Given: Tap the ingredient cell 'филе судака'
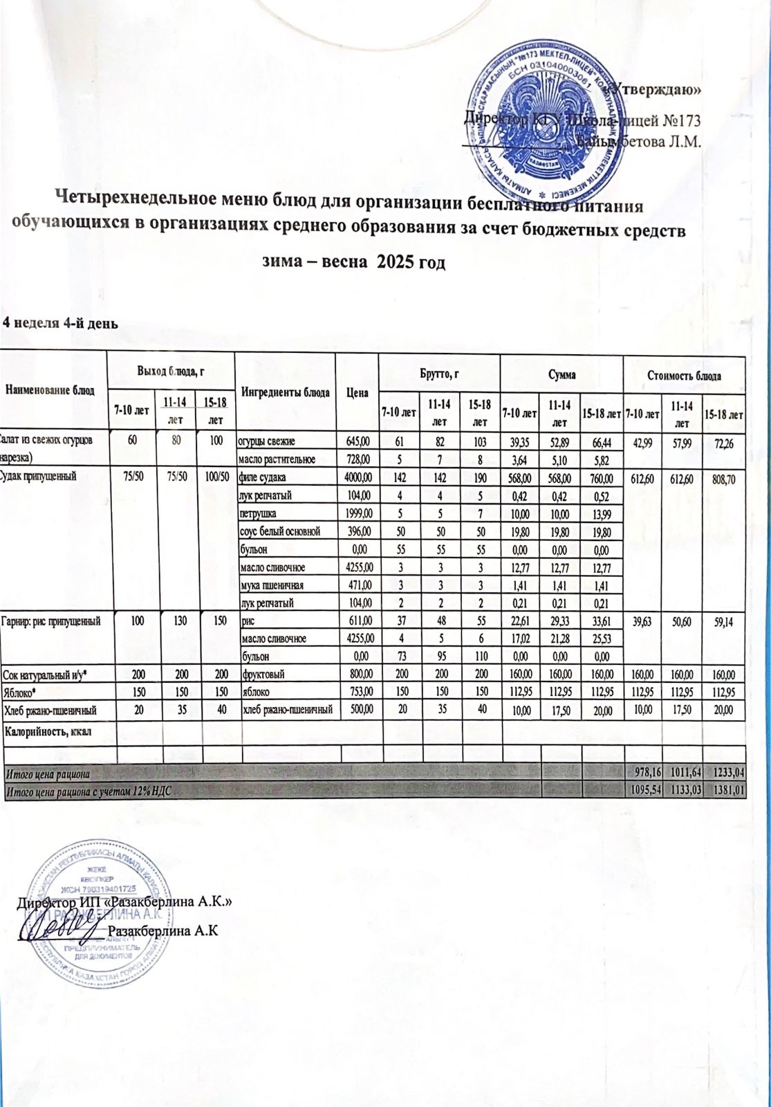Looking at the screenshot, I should tap(263, 477).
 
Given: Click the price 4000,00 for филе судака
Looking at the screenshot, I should tap(357, 477).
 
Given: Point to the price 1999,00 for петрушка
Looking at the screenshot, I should tap(357, 513).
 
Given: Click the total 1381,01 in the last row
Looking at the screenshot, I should tap(725, 791).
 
